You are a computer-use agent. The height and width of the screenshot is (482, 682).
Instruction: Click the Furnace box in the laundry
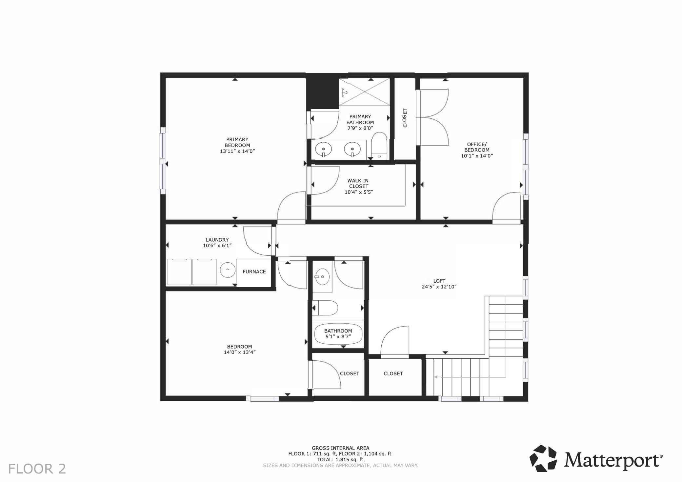(x=254, y=272)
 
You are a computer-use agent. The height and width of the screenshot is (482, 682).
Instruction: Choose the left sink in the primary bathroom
(x=323, y=150)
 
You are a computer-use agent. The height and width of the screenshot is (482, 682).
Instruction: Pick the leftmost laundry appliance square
(x=179, y=272)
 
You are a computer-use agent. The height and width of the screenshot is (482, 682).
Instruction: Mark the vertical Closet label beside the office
(x=405, y=118)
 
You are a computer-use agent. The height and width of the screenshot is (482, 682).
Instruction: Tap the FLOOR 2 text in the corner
(x=37, y=469)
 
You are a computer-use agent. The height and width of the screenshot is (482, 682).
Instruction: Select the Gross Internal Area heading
(x=340, y=448)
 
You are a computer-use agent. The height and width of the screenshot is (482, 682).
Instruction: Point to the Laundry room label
(x=217, y=240)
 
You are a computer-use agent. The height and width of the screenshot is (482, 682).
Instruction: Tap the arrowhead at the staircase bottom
(x=436, y=377)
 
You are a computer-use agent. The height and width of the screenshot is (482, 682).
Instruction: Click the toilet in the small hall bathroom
(x=325, y=308)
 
